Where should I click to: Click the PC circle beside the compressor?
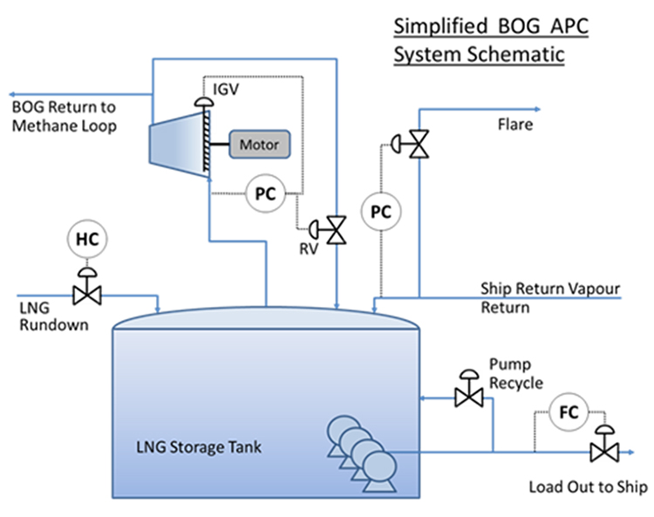265,194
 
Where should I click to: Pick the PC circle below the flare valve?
379,210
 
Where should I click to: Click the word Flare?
514,125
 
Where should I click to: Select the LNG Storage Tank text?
199,448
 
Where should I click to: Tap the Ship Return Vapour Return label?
540,296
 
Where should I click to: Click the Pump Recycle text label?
515,372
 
